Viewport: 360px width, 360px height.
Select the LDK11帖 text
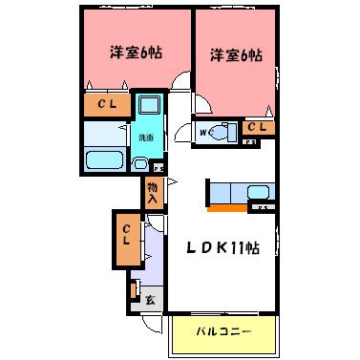[x=222, y=248]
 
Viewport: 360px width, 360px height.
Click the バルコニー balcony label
[x=224, y=333]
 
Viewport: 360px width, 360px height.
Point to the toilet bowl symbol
[x=222, y=133]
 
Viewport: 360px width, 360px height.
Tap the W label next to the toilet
[x=204, y=133]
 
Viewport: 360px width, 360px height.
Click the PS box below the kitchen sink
[x=263, y=207]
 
